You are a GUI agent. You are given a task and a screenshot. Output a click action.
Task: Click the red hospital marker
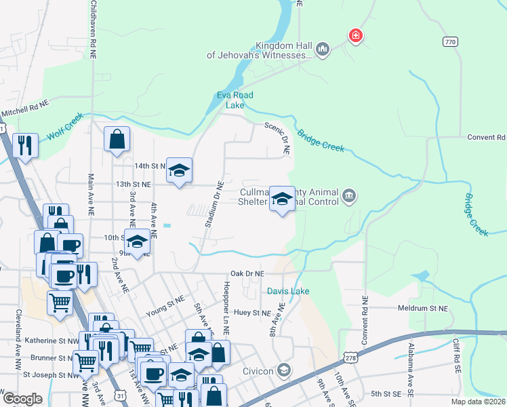[354, 35]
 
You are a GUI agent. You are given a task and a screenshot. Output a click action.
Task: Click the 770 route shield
[450, 42]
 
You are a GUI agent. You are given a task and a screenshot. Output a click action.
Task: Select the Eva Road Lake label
[235, 100]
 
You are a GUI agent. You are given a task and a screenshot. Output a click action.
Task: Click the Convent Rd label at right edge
[486, 137]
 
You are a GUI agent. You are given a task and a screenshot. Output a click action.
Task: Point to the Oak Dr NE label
[247, 273]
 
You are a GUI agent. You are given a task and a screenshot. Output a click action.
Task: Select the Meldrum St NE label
[423, 308]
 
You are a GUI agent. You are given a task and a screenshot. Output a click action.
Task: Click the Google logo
[22, 399]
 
